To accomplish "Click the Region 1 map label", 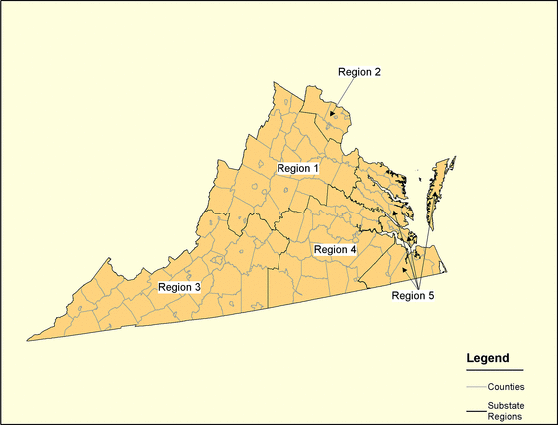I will click(x=297, y=168).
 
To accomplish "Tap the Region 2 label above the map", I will click(x=359, y=72).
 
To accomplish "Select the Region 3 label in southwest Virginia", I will click(x=180, y=287).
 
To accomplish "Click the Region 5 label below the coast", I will click(x=413, y=295).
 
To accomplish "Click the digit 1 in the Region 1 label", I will click(x=315, y=168).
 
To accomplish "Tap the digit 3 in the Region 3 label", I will click(x=198, y=287).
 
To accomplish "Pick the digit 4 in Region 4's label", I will click(x=353, y=249).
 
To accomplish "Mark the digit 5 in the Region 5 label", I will click(x=431, y=295).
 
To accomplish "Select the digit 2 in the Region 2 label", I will click(x=377, y=72).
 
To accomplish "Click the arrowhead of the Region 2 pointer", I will click(x=331, y=116).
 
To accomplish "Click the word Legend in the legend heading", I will click(x=489, y=358).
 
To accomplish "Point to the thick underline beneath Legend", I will click(x=494, y=370).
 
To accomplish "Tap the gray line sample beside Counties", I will click(x=475, y=386).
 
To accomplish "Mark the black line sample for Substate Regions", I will click(x=475, y=409).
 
